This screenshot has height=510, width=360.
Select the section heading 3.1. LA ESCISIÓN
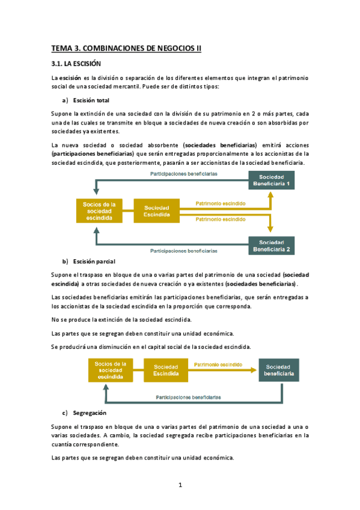coord(76,63)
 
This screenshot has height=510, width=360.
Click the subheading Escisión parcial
coord(94,262)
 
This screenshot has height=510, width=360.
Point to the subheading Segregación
coord(90,413)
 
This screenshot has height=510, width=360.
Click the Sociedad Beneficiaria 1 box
coord(271,180)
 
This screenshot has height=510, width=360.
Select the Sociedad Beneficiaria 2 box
coord(271,245)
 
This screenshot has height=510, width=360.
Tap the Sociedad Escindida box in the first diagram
coord(156,211)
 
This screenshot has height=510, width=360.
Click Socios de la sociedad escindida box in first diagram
coord(99,211)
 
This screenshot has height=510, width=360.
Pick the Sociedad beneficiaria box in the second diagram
coord(278,370)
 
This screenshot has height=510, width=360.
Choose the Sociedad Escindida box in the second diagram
coord(165,370)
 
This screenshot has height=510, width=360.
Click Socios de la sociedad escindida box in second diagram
coord(111,370)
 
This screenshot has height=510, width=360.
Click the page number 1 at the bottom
coord(180,485)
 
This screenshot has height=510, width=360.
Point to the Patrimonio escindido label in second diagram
coord(218,364)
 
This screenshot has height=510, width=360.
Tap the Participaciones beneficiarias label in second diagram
coord(188,398)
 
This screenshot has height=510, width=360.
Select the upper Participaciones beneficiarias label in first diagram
coord(183,173)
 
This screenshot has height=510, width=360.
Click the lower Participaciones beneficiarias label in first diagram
coord(183,250)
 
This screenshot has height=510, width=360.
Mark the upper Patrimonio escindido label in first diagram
coord(221,204)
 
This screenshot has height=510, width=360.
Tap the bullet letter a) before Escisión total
coord(66,100)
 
